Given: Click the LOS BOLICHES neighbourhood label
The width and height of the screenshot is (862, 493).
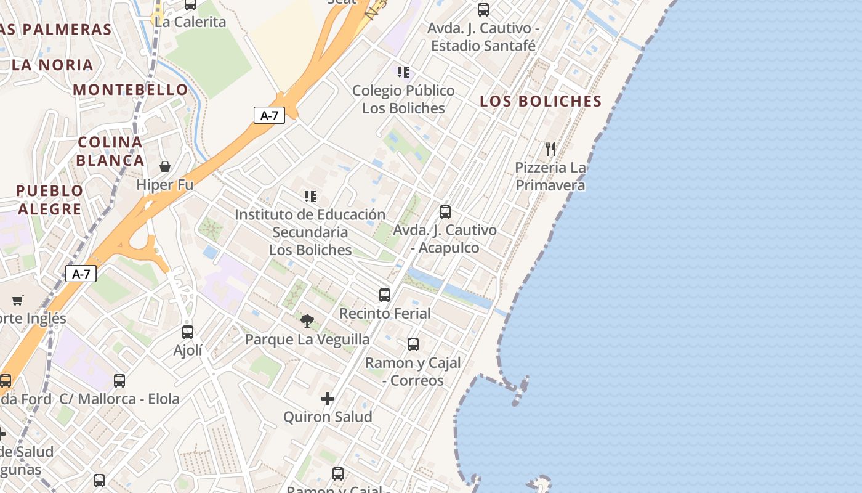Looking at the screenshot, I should pyautogui.click(x=540, y=101).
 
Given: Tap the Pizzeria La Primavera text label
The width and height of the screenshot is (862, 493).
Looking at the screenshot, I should pyautogui.click(x=550, y=176).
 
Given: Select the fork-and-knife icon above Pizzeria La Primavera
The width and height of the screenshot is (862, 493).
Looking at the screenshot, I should pyautogui.click(x=550, y=149).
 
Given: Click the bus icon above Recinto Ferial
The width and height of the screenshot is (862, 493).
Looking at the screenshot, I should pyautogui.click(x=385, y=295).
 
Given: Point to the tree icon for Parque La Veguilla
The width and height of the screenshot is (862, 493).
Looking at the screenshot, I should pyautogui.click(x=307, y=320).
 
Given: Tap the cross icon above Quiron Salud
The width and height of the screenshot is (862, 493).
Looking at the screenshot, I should pyautogui.click(x=328, y=399).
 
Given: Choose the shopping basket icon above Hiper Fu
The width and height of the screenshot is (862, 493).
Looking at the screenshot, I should pyautogui.click(x=165, y=166).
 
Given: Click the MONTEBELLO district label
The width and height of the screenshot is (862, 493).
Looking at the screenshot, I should pyautogui.click(x=131, y=89).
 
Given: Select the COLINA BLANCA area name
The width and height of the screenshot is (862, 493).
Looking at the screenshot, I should pyautogui.click(x=111, y=152).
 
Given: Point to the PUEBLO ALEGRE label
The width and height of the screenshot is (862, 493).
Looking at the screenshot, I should pyautogui.click(x=49, y=200).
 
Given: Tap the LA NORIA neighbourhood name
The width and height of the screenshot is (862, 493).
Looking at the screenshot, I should pyautogui.click(x=52, y=65).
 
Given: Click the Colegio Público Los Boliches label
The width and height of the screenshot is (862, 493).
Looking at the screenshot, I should pyautogui.click(x=403, y=99).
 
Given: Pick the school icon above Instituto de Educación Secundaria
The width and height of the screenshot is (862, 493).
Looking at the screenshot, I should pyautogui.click(x=310, y=197).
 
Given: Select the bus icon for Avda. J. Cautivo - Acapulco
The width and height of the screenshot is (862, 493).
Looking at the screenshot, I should pyautogui.click(x=445, y=212).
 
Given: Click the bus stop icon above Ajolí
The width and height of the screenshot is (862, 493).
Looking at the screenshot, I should pyautogui.click(x=188, y=332).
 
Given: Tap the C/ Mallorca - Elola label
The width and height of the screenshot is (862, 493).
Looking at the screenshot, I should pyautogui.click(x=119, y=399).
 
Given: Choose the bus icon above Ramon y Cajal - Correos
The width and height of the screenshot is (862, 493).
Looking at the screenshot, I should pyautogui.click(x=413, y=344).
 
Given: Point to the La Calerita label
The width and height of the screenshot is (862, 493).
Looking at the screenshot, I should pyautogui.click(x=190, y=22).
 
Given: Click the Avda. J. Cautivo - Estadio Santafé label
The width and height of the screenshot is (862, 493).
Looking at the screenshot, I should pyautogui.click(x=483, y=37).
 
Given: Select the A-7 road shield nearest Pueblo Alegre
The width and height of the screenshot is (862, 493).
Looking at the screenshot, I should pyautogui.click(x=81, y=274).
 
